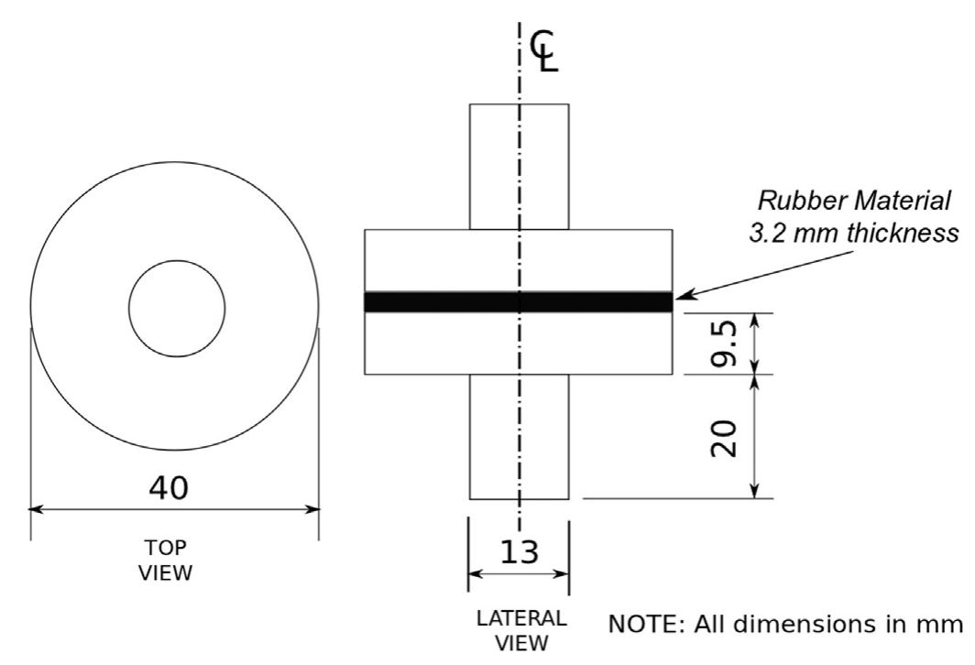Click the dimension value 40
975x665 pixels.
(x=171, y=488)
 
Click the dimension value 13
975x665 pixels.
(x=519, y=552)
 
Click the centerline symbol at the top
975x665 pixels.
(x=543, y=50)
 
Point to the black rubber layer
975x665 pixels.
(x=440, y=301)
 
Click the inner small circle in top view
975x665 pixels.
(x=177, y=309)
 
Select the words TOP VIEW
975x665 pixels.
(x=167, y=560)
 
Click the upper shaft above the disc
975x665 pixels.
(x=495, y=166)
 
